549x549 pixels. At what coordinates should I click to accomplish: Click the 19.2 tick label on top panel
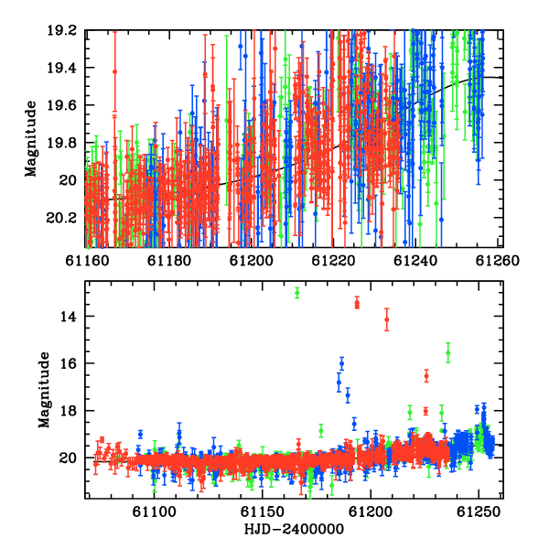(x=61, y=30)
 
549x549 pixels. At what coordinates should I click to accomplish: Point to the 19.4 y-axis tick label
(x=61, y=68)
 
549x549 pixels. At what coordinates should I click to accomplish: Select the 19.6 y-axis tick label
(x=61, y=105)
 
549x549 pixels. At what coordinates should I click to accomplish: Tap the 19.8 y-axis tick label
(x=61, y=143)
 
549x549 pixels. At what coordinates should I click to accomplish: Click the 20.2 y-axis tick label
(x=61, y=218)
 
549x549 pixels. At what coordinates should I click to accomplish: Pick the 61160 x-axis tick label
(x=87, y=261)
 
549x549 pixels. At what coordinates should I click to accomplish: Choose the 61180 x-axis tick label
(x=169, y=261)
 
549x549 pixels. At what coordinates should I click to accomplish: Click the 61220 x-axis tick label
(x=333, y=261)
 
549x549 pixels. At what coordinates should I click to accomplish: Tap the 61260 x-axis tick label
(x=498, y=261)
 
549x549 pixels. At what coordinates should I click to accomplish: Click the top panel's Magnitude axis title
(x=31, y=139)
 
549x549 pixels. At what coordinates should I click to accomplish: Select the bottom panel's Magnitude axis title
(x=44, y=390)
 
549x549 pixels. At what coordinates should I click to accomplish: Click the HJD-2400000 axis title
(x=294, y=529)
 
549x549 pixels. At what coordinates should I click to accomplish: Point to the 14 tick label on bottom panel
(x=68, y=317)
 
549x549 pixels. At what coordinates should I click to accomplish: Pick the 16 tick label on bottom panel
(x=68, y=363)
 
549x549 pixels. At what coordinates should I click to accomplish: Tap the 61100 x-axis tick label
(x=154, y=512)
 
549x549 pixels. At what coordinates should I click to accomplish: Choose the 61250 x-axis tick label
(x=479, y=512)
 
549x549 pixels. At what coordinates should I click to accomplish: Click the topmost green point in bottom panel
(x=297, y=293)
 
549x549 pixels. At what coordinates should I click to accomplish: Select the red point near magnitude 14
(x=387, y=319)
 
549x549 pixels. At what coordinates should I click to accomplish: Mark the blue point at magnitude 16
(x=341, y=363)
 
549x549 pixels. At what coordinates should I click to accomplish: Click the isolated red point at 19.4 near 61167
(x=114, y=71)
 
